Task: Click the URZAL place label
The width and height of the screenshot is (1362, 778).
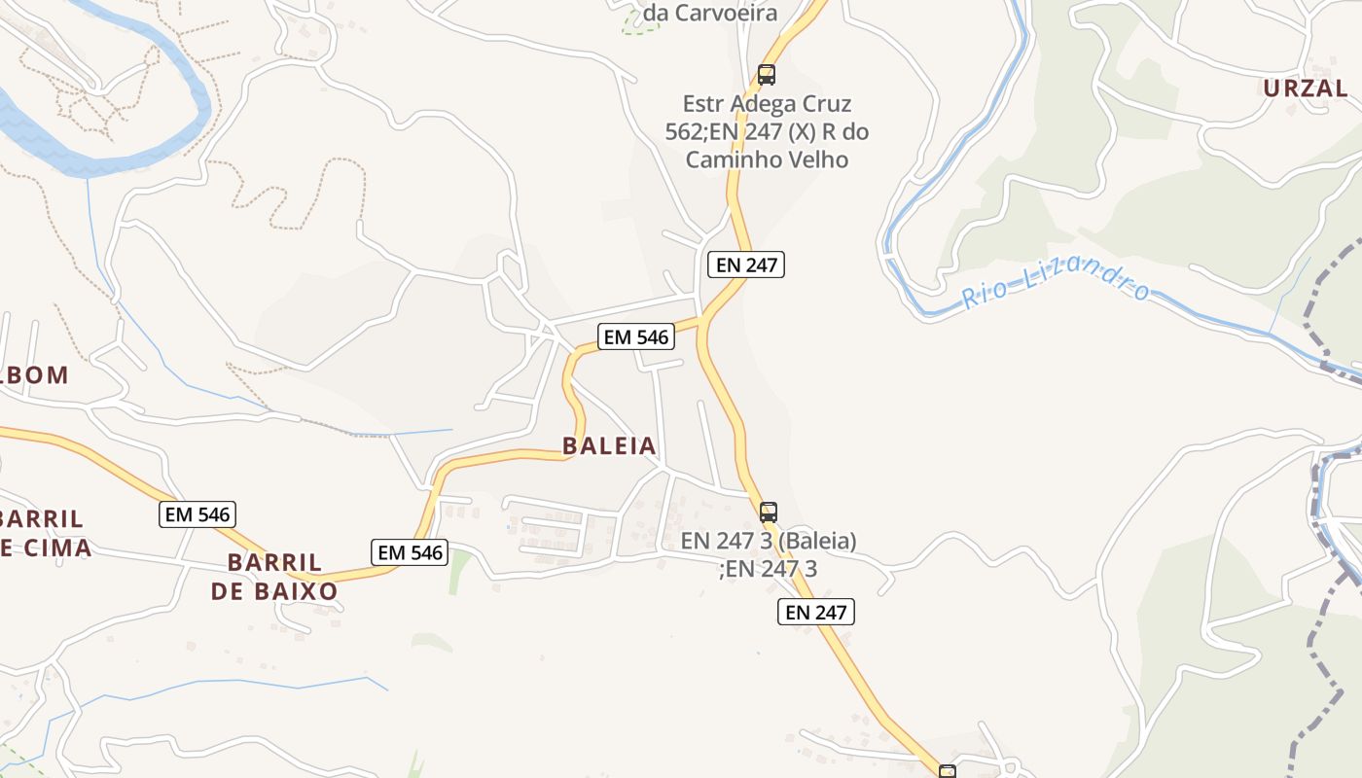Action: coord(1306,88)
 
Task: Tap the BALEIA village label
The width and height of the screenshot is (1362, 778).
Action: coord(609,446)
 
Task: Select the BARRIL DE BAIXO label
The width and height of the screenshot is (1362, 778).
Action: coord(274,577)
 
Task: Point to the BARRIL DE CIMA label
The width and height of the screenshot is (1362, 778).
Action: coord(44,533)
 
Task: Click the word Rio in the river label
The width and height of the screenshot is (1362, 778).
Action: coord(984,294)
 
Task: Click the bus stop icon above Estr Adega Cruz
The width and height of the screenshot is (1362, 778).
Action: coord(767,74)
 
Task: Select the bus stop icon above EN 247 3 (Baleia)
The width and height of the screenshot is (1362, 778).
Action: coord(769,512)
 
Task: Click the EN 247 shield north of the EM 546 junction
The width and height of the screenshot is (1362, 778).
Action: coord(745,264)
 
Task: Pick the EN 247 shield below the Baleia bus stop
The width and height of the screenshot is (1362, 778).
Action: coord(815,612)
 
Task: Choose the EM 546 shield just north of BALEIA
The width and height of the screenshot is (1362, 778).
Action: coord(636,337)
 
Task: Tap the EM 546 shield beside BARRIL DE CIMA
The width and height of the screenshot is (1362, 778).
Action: coord(197,514)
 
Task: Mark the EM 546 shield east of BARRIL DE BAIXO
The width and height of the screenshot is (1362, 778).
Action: coord(410,552)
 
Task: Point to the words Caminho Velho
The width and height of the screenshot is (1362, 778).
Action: coord(767,159)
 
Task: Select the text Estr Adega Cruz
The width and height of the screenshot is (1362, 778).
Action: coord(767,104)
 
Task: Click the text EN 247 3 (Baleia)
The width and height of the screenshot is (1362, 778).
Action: coord(769,541)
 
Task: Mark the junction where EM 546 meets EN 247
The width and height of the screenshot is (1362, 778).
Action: coord(702,319)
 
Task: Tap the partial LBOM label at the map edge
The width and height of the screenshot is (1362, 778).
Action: coord(36,374)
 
